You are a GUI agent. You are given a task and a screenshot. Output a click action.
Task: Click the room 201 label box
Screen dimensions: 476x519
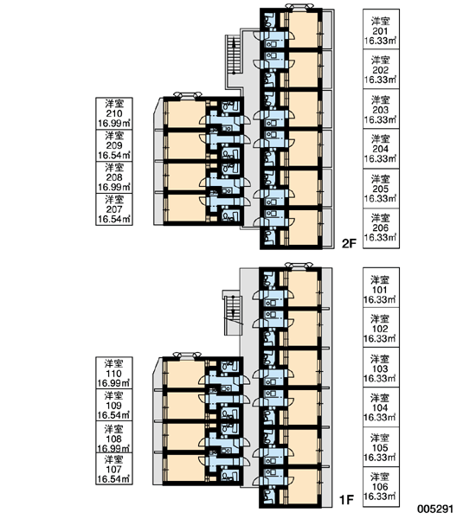pyautogui.click(x=381, y=29)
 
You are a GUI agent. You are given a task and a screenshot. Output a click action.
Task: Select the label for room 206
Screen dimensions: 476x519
pyautogui.click(x=381, y=228)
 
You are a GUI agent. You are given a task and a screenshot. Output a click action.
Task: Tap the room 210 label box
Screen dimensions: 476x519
pyautogui.click(x=114, y=113)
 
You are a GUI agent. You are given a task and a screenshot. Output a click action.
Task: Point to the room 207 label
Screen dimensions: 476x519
pyautogui.click(x=114, y=209)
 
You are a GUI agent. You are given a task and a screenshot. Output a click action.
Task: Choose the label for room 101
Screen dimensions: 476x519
pyautogui.click(x=381, y=288)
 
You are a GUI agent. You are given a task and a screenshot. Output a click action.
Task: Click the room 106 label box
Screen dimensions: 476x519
pyautogui.click(x=381, y=487)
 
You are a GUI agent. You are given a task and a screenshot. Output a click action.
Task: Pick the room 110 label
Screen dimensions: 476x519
pyautogui.click(x=114, y=373)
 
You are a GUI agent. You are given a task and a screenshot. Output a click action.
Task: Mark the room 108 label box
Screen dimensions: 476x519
pyautogui.click(x=114, y=437)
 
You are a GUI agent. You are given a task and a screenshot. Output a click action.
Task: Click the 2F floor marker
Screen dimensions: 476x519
pyautogui.click(x=349, y=244)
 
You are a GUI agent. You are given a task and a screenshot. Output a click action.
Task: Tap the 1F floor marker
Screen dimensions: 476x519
pyautogui.click(x=347, y=500)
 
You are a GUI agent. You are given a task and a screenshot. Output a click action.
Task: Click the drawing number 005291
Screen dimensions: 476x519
pyautogui.click(x=435, y=509)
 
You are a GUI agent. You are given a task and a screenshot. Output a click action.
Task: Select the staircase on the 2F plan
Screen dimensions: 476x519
pyautogui.click(x=234, y=54)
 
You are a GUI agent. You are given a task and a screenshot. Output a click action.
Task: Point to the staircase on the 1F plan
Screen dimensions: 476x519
pyautogui.click(x=233, y=314)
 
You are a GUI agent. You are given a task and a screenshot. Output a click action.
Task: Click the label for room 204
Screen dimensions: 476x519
pyautogui.click(x=381, y=149)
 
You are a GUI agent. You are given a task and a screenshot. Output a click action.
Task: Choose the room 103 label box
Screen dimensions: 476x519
pyautogui.click(x=381, y=368)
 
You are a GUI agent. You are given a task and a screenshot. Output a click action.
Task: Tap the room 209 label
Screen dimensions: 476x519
pyautogui.click(x=114, y=145)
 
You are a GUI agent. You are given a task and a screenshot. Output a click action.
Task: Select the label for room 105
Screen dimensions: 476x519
pyautogui.click(x=381, y=447)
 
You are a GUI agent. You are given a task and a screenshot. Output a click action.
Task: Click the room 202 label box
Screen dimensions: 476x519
pyautogui.click(x=381, y=69)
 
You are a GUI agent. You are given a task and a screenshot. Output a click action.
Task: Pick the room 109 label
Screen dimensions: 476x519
pyautogui.click(x=114, y=405)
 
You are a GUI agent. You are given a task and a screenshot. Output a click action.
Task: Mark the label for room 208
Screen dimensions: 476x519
pyautogui.click(x=114, y=177)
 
